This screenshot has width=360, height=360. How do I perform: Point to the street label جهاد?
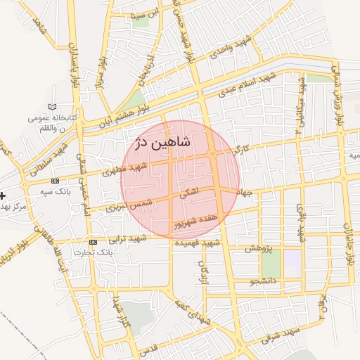click(244, 191)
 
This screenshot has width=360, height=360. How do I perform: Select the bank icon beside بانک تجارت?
click(94, 241)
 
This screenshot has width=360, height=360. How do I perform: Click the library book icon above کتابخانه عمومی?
click(51, 107)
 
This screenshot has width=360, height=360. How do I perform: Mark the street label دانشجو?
click(264, 283)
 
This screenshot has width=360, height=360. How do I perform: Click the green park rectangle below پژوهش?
click(271, 264)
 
